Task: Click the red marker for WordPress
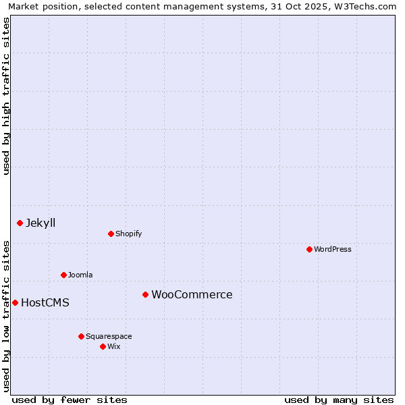point(309,249)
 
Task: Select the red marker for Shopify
point(111,234)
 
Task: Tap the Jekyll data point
point(20,223)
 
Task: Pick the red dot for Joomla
point(63,275)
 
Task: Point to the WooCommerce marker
point(145,294)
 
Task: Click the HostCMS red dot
point(15,302)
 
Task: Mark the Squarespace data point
point(81,336)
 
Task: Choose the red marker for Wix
point(103,346)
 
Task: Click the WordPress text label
point(333,249)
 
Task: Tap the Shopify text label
point(129,234)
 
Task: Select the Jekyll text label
point(40,223)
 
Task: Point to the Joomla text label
point(80,275)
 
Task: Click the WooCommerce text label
point(192,294)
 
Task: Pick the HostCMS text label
point(45,302)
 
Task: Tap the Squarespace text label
point(109,336)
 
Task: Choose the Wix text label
point(114,346)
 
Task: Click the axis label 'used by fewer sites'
point(70,400)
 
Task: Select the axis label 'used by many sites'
point(339,400)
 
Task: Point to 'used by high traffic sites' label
point(6,96)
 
